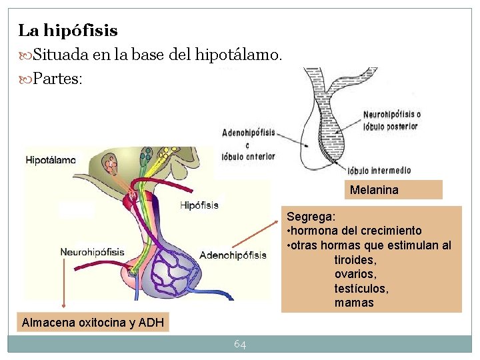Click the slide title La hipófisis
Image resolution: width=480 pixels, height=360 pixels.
[x=68, y=31]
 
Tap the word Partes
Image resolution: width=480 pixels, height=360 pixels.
[x=57, y=79]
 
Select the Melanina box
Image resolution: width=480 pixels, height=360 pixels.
[x=374, y=190]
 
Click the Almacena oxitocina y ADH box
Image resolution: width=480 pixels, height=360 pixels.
[x=93, y=323]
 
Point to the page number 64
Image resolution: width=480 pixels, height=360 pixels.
[x=240, y=344]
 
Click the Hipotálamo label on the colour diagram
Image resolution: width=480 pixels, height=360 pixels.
[x=51, y=160]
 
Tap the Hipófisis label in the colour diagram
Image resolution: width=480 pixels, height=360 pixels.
[x=199, y=205]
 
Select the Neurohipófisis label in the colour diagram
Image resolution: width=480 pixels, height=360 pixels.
[x=92, y=252]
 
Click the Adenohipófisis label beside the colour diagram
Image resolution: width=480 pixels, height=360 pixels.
[x=233, y=255]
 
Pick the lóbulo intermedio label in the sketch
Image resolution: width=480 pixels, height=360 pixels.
[x=378, y=169]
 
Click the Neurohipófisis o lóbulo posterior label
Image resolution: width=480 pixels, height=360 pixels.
[x=391, y=120]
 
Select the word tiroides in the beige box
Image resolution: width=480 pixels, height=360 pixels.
[x=355, y=260]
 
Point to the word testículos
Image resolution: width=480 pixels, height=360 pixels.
[x=361, y=289]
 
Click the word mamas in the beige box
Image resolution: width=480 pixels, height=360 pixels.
[x=354, y=303]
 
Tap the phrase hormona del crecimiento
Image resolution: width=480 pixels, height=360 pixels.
[x=357, y=231]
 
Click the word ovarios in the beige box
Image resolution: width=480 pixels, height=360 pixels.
[x=355, y=274]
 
